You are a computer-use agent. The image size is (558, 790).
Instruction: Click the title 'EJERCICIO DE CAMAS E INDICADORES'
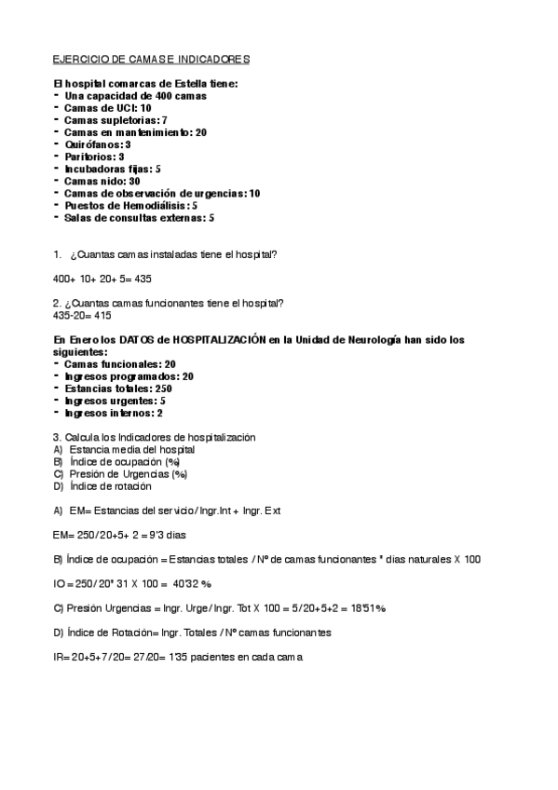pos(151,60)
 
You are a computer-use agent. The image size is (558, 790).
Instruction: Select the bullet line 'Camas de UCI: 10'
pos(107,108)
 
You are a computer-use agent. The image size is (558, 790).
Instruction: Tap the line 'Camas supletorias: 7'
pos(116,120)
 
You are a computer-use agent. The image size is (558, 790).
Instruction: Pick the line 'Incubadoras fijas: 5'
pos(113,169)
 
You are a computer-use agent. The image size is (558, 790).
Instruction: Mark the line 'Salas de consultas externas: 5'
pos(139,217)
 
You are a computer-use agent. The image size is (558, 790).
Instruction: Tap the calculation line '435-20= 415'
pos(83,315)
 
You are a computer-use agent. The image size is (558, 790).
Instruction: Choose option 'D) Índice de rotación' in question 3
pos(102,485)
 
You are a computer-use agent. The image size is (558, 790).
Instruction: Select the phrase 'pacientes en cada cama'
pos(244,657)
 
